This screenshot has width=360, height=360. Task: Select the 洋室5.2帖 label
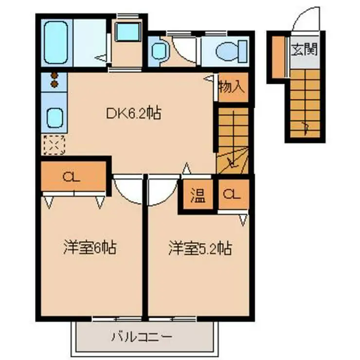(x=199, y=249)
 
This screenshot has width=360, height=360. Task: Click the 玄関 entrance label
(x=304, y=49)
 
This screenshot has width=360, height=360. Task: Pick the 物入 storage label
(x=231, y=88)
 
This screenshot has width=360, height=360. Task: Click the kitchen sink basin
(x=54, y=117)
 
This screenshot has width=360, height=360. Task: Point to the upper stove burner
(x=54, y=76)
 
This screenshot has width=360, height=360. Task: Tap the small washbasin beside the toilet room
(x=159, y=50)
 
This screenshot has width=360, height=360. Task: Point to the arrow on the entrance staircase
(x=306, y=127)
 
